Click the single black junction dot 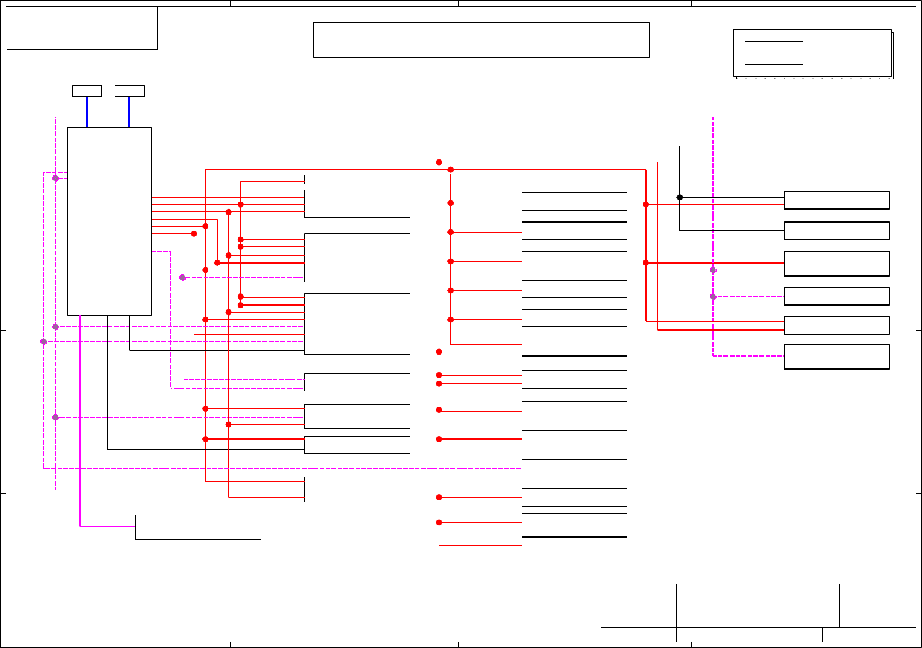tap(679, 197)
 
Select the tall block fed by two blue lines tap(109, 221)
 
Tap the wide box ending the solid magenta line tap(198, 527)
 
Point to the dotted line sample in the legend tap(774, 53)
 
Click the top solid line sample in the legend tap(774, 42)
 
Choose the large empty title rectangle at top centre tap(481, 40)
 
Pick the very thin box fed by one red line tap(357, 180)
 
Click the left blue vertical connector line tap(87, 112)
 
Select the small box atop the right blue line tap(130, 91)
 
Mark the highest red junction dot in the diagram tap(439, 162)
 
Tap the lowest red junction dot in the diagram tap(439, 522)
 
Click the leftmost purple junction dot tap(43, 342)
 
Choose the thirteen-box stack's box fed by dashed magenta tap(574, 468)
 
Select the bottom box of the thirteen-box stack tap(574, 546)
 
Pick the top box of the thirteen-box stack tap(574, 202)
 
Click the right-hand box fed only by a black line tap(836, 231)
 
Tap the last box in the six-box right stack tap(836, 357)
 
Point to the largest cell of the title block tap(781, 605)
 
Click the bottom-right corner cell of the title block tap(869, 634)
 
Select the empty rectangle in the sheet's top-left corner tap(81, 28)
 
